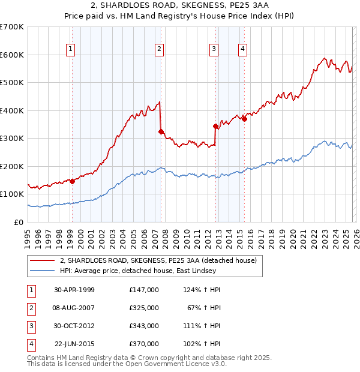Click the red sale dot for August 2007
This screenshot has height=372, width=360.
[x=161, y=131]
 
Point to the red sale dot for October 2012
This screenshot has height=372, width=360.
[x=215, y=126]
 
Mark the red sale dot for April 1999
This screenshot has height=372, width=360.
[x=72, y=181]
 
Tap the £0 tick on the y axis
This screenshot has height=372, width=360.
[x=19, y=222]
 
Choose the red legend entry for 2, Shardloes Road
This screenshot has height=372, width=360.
[x=158, y=260]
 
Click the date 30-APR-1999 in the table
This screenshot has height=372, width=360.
[x=74, y=290]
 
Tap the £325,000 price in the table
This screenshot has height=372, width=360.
[x=144, y=308]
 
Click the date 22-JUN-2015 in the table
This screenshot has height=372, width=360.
[x=74, y=344]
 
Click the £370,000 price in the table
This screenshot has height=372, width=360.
[x=144, y=344]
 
